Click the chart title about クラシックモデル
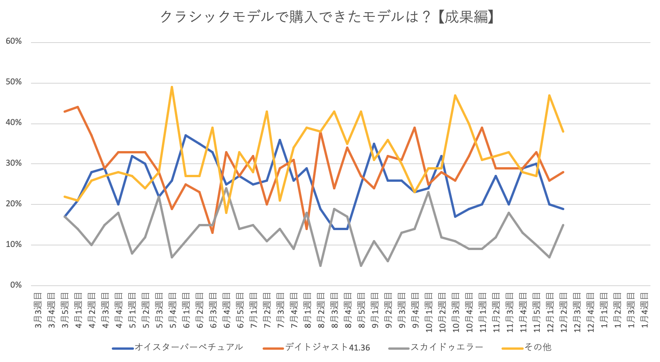[x=327, y=17]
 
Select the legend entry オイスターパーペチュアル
[x=188, y=347]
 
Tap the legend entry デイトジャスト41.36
[x=327, y=347]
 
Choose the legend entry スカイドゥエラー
[x=446, y=347]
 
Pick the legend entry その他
[x=537, y=347]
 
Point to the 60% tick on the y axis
[x=14, y=41]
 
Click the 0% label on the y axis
[x=16, y=285]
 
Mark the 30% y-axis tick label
[x=14, y=163]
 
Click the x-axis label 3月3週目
[x=38, y=311]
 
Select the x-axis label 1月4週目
[x=645, y=311]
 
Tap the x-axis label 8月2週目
[x=321, y=311]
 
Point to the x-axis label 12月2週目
[x=563, y=311]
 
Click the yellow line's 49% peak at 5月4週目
[x=172, y=87]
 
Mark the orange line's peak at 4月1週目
[x=78, y=107]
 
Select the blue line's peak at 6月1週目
[x=186, y=135]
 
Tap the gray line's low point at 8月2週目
[x=320, y=265]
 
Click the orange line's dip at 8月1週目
[x=307, y=229]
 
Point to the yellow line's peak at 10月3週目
[x=455, y=95]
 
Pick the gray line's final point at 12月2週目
[x=563, y=225]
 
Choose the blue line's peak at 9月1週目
[x=374, y=144]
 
